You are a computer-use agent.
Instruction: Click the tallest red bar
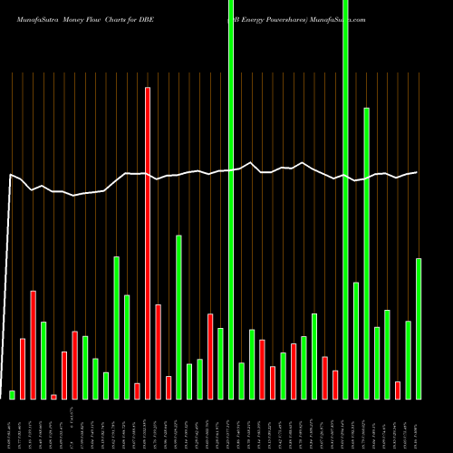[148, 243]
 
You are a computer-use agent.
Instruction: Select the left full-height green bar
[231, 199]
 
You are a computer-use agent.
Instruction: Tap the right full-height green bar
[345, 199]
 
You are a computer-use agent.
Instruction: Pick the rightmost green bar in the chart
[419, 328]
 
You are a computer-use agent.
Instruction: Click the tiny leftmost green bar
[13, 394]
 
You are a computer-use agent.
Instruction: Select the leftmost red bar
[23, 368]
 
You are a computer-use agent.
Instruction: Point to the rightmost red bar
[398, 390]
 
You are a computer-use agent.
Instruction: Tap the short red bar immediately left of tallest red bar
[137, 390]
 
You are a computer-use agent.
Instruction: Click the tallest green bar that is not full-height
[366, 253]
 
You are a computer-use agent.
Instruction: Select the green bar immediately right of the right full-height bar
[356, 340]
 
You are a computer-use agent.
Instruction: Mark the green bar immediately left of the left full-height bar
[220, 362]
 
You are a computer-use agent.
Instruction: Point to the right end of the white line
[417, 172]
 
